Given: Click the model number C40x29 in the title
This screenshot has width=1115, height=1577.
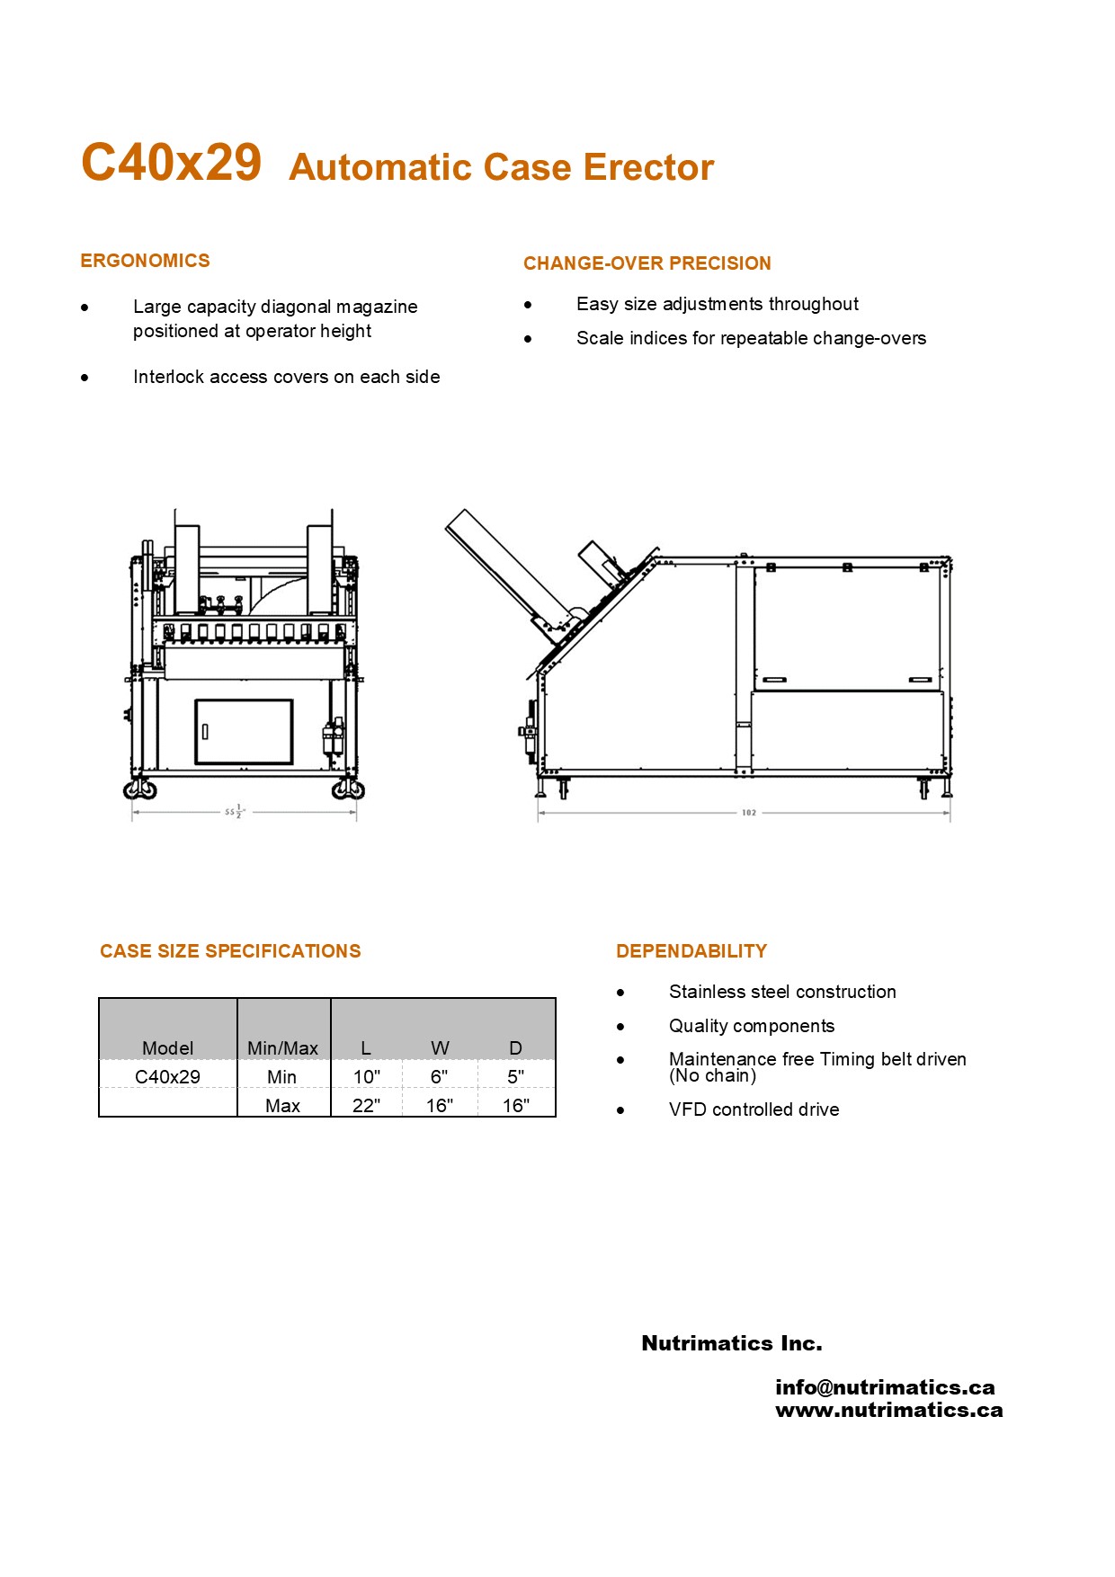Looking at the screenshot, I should click(x=171, y=163).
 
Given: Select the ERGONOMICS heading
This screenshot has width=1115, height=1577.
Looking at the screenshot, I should click(x=145, y=261).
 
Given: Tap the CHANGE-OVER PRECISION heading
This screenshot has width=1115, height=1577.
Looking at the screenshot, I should click(x=647, y=263).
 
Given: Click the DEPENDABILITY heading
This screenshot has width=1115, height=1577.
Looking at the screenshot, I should click(x=691, y=951).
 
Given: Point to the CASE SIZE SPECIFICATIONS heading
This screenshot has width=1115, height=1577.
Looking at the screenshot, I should click(x=230, y=951).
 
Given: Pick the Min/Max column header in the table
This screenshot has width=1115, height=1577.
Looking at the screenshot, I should click(x=282, y=1048).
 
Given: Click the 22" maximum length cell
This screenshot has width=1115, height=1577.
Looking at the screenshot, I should click(x=366, y=1105).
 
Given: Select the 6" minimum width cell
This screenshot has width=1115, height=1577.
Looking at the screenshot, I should click(x=439, y=1076).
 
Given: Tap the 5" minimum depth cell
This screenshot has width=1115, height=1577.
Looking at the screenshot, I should click(x=515, y=1076).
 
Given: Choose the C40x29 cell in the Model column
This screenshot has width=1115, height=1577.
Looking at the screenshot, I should click(x=167, y=1076).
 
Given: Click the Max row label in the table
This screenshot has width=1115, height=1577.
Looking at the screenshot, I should click(x=282, y=1105).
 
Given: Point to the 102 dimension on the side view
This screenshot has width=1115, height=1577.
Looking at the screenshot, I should click(x=748, y=813).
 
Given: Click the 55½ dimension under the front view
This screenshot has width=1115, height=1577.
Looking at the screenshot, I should click(x=234, y=812).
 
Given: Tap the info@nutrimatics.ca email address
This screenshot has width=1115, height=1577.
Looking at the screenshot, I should click(x=885, y=1387).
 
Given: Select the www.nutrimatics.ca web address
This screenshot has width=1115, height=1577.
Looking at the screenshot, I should click(x=888, y=1410).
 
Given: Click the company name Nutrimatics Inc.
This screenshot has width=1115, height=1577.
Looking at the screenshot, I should click(x=731, y=1343).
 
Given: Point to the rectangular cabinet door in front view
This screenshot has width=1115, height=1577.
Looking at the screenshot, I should click(x=244, y=732).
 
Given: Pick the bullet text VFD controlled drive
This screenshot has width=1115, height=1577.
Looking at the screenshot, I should click(x=754, y=1109).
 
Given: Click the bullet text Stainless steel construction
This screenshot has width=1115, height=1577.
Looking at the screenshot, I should click(x=782, y=992).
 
